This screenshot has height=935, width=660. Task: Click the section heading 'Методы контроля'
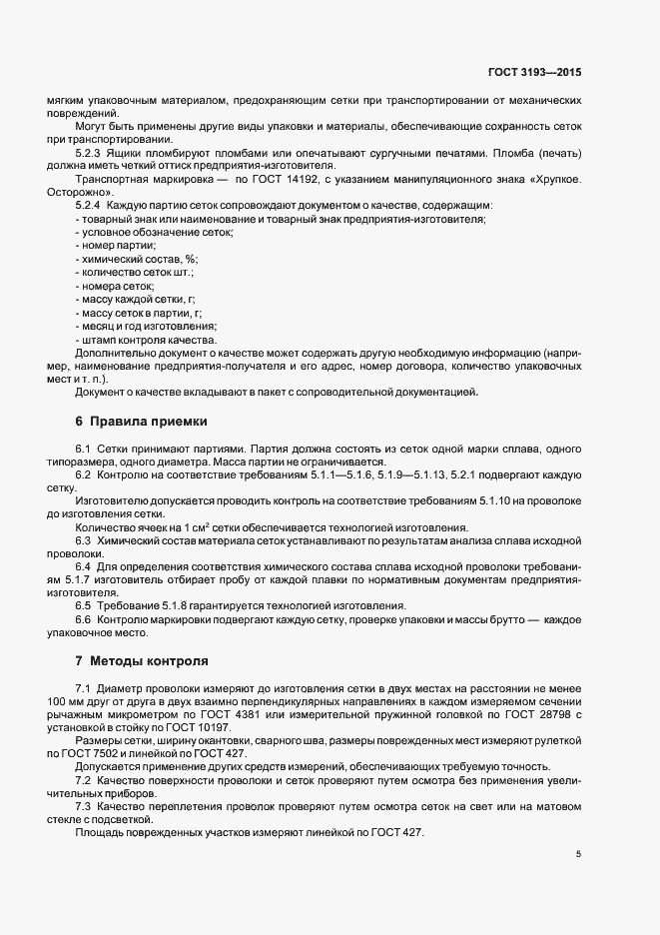[149, 661]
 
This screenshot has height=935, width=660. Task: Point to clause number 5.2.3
[89, 153]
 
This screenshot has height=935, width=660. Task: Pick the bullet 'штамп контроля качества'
[145, 340]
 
